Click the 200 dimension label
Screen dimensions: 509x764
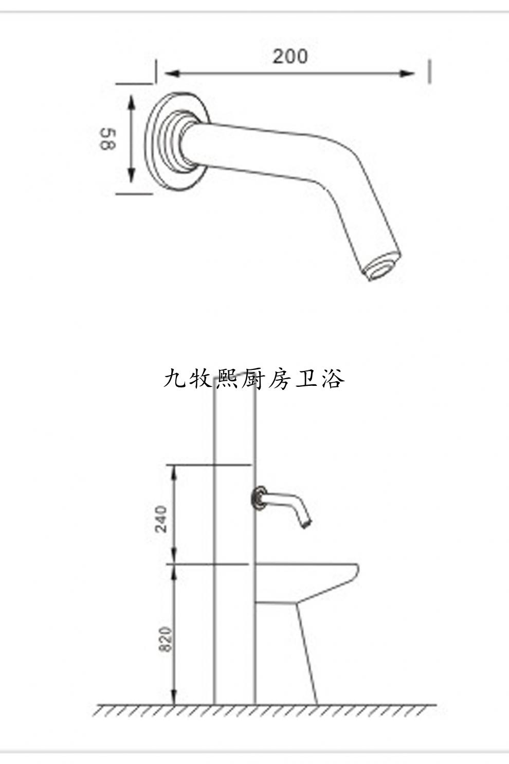click(x=290, y=56)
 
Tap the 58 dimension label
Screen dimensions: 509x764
click(x=108, y=139)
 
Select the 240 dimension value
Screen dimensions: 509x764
click(x=161, y=519)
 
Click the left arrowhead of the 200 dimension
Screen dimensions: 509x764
click(x=172, y=74)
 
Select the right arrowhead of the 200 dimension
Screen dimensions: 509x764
click(x=407, y=74)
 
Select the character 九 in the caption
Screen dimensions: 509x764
click(x=174, y=379)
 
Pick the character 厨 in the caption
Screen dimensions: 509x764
click(x=253, y=379)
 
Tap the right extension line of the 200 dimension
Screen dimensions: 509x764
click(x=429, y=72)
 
